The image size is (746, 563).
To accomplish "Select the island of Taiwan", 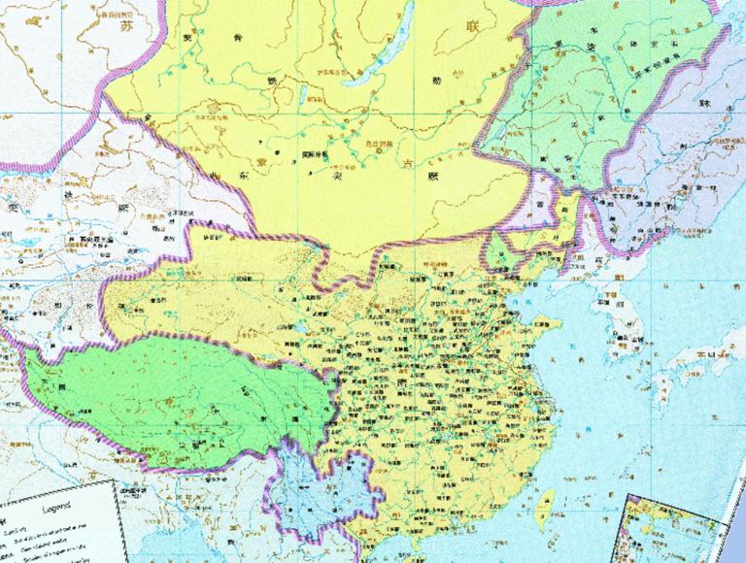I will tap(545, 503).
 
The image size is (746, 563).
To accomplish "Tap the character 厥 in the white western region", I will tap(122, 207).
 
